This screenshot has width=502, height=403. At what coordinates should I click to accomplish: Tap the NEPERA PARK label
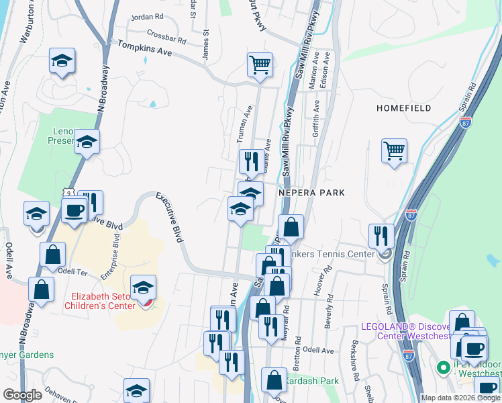coord(312,193)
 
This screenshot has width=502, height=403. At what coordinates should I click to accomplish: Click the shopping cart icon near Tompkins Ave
coord(260,65)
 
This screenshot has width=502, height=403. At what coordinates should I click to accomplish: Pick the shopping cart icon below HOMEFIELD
coord(395,150)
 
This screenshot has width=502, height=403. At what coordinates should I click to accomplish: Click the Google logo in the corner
coord(22,396)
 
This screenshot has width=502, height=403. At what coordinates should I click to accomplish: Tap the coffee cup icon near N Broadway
coord(74,210)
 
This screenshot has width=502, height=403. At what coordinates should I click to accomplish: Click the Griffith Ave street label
coord(316,120)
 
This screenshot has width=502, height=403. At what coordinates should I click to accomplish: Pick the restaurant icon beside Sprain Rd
coord(381,236)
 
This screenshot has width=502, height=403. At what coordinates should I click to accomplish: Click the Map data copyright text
coord(461,398)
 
